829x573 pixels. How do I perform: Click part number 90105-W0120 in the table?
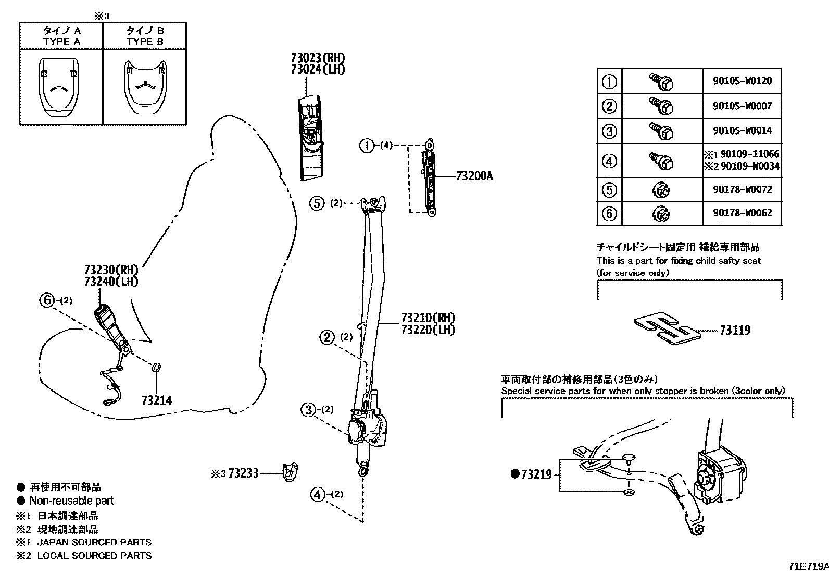click(x=742, y=81)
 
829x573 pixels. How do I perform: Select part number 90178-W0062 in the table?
click(x=742, y=213)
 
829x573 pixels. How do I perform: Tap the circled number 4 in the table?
click(x=609, y=161)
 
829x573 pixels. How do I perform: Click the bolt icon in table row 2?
click(x=661, y=105)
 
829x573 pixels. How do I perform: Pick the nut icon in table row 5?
click(x=661, y=190)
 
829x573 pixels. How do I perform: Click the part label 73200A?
click(x=474, y=176)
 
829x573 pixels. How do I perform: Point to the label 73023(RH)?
click(x=318, y=58)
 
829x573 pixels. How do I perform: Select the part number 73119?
click(x=735, y=330)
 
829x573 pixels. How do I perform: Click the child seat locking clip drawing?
click(x=667, y=330)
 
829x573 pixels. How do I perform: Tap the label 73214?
click(x=157, y=400)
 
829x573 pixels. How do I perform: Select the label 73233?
click(x=243, y=473)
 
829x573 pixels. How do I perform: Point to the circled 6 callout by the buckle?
click(x=47, y=300)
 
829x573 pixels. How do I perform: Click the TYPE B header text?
click(x=145, y=41)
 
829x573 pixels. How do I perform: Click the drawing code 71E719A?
click(x=807, y=566)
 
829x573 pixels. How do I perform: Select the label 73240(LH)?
click(x=111, y=282)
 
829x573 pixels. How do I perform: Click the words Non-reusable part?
click(x=71, y=501)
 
